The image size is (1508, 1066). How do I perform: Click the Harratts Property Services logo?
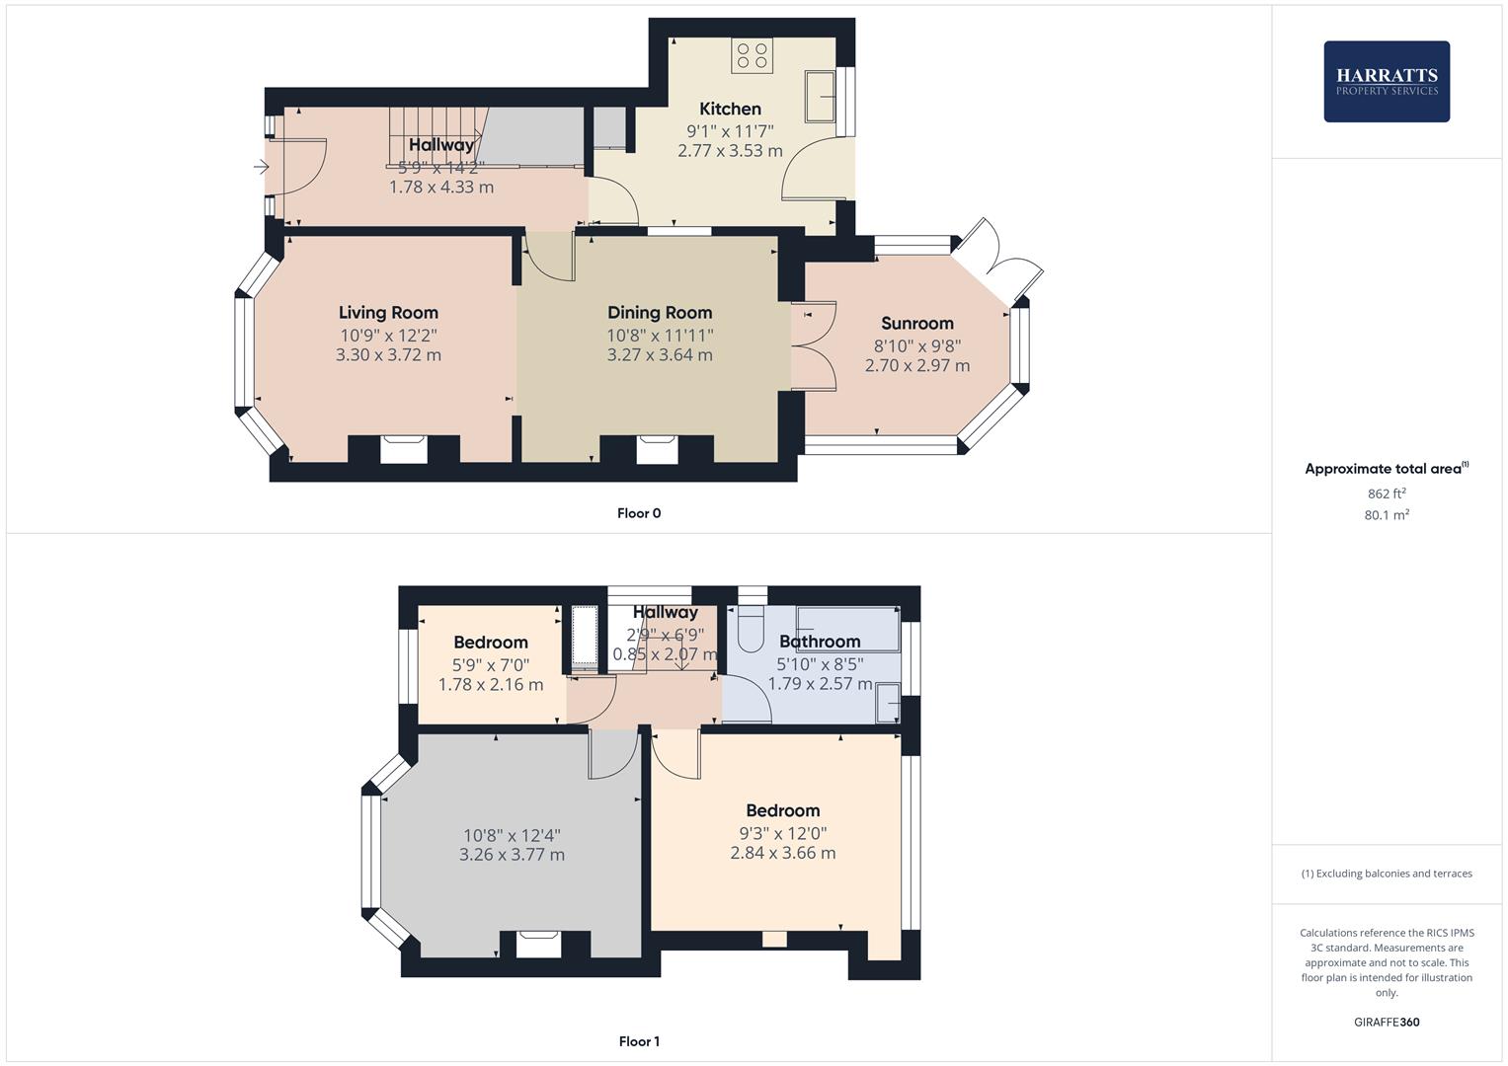[x=1386, y=81]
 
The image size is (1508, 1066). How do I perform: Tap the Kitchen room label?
[x=730, y=109]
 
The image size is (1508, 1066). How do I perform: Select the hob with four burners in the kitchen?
[x=751, y=55]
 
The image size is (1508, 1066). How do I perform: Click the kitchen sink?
[x=820, y=96]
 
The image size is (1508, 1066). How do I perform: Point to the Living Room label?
[x=388, y=313]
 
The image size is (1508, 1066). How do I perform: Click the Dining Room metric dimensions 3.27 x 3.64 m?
[x=659, y=355]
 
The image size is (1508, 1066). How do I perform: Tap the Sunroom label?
[x=916, y=323]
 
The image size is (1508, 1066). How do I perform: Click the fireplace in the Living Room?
[x=404, y=449]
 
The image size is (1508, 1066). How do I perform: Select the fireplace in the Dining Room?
[x=658, y=449]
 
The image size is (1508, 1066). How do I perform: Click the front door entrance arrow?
[x=261, y=167]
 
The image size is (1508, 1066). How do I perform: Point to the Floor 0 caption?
[x=639, y=513]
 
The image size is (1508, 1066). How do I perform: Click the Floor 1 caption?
[x=639, y=1041]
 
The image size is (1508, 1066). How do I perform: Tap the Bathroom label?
[x=820, y=642]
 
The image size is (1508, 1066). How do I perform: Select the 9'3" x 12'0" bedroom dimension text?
[x=782, y=833]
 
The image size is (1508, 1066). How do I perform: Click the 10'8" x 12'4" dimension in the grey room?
[x=512, y=835]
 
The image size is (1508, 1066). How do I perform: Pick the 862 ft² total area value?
[x=1386, y=494]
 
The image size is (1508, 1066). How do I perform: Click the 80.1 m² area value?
[x=1386, y=514]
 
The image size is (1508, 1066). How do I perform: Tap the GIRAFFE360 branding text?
[x=1386, y=1022]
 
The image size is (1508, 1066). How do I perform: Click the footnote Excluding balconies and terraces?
[x=1386, y=874]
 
